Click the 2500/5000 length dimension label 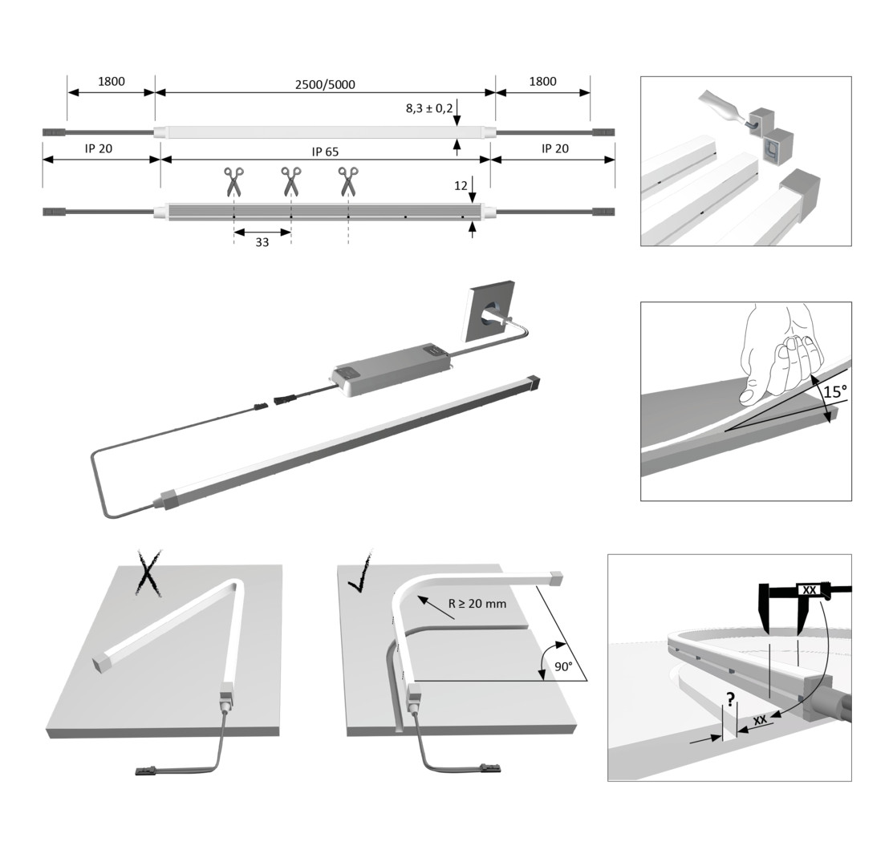click(x=325, y=85)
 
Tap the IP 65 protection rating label click(x=325, y=152)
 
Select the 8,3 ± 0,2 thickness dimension click(x=429, y=108)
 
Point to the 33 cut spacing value click(x=262, y=242)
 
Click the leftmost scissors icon click(x=233, y=181)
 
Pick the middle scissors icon click(x=291, y=181)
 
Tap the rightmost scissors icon click(x=348, y=181)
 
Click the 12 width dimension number click(x=461, y=185)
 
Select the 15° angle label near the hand click(x=835, y=392)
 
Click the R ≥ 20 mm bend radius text click(x=477, y=604)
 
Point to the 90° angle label click(x=563, y=666)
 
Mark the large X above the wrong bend click(x=148, y=573)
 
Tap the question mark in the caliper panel click(x=731, y=699)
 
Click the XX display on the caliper click(x=810, y=590)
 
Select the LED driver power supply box click(x=394, y=370)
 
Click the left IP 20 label click(x=99, y=148)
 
